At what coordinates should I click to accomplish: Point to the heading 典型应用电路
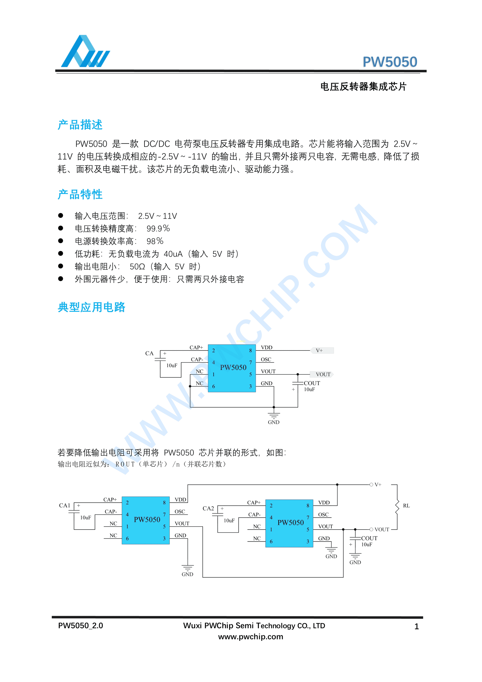pyautogui.click(x=91, y=307)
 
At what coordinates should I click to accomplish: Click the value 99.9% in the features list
pyautogui.click(x=158, y=228)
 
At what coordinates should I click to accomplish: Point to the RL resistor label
pyautogui.click(x=406, y=506)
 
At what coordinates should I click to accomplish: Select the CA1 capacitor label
pyautogui.click(x=65, y=506)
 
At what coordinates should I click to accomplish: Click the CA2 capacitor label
pyautogui.click(x=208, y=509)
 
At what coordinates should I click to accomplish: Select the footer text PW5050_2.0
pyautogui.click(x=81, y=626)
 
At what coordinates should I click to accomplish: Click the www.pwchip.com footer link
pyautogui.click(x=251, y=637)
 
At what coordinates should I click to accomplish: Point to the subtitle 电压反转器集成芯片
pyautogui.click(x=363, y=87)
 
